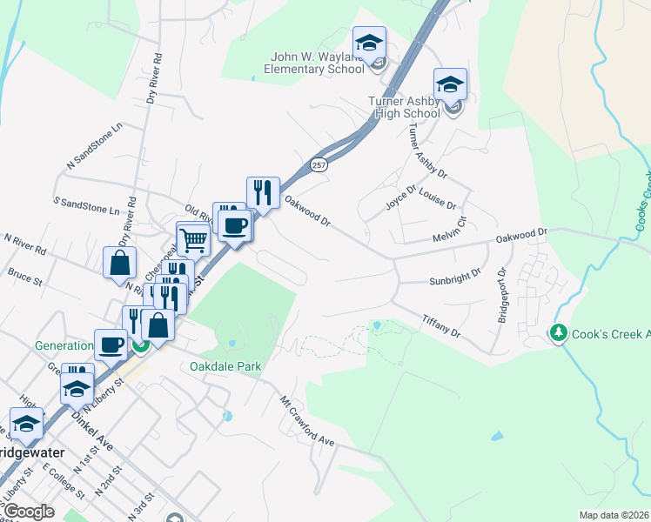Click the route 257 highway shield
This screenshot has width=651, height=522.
(319, 164)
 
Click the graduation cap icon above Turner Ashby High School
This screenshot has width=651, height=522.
(450, 84)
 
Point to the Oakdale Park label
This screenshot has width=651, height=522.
(225, 366)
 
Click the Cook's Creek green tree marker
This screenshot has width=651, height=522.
(557, 333)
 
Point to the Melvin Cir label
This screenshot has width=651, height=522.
(450, 231)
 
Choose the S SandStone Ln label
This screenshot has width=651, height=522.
(86, 204)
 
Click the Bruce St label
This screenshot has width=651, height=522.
(24, 278)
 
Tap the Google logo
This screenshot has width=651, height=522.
(29, 511)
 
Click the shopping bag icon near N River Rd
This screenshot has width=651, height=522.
(118, 262)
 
